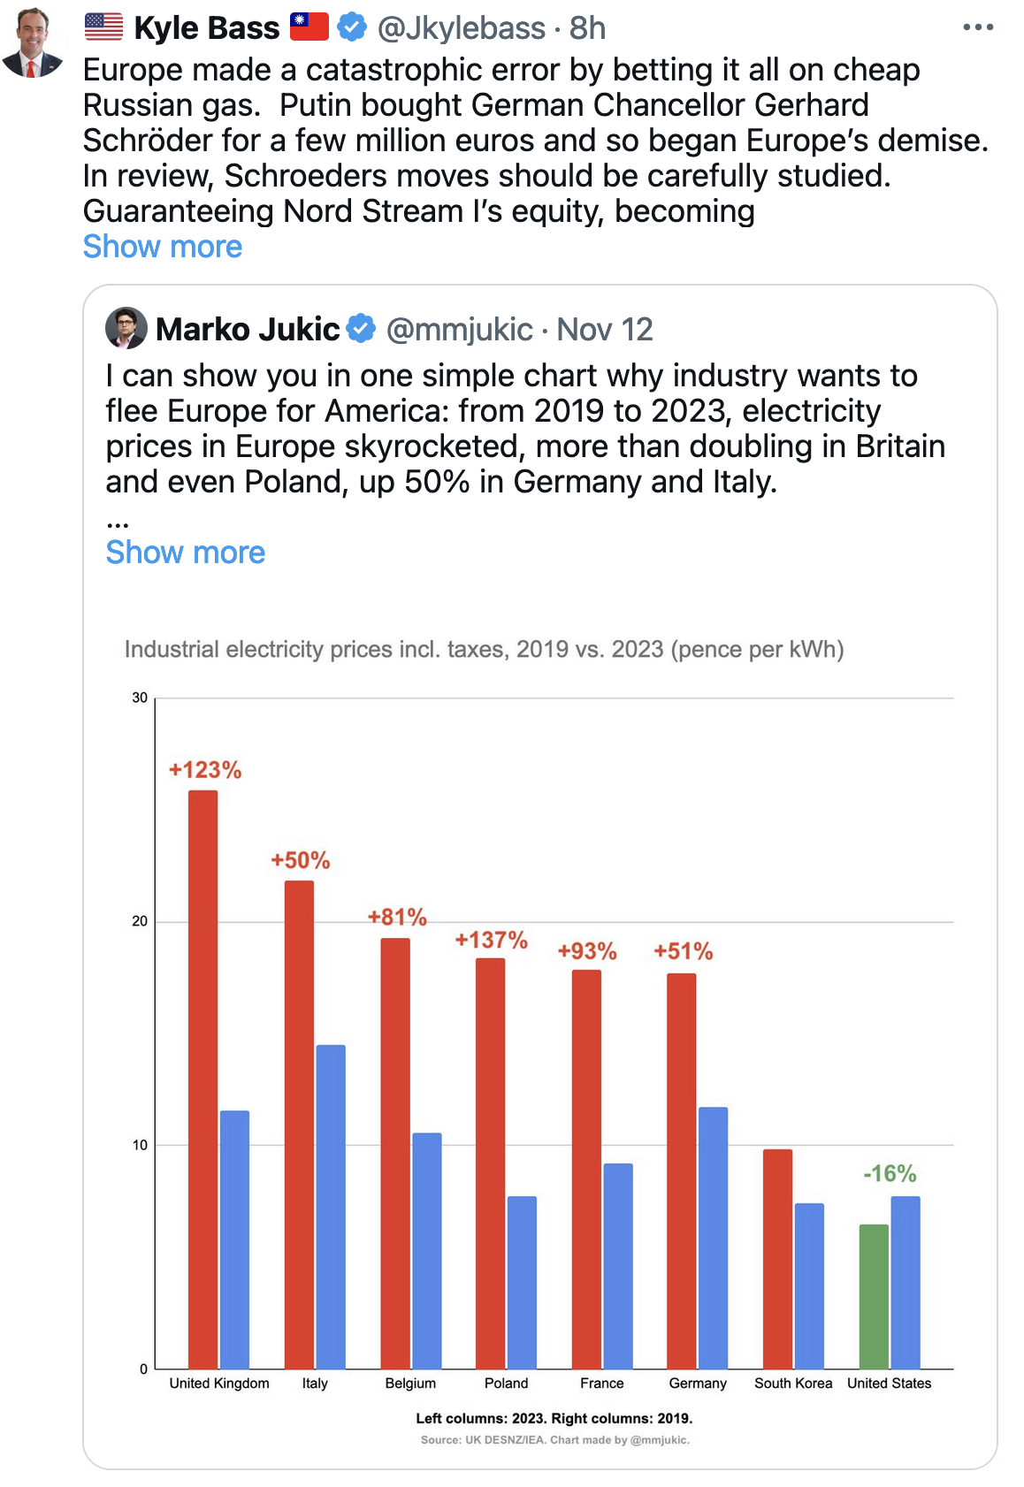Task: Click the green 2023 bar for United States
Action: coord(874,1296)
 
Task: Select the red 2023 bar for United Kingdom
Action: coord(203,1079)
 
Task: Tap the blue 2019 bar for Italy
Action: coord(331,1206)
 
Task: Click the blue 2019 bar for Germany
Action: coord(713,1237)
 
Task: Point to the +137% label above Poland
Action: coord(491,940)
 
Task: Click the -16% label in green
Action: coord(890,1173)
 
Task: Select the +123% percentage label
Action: coord(205,770)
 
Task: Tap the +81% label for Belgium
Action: coord(397,917)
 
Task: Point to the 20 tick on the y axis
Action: coord(140,921)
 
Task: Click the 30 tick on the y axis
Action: coord(140,698)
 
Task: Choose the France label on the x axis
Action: coord(601,1383)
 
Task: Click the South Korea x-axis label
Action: coord(793,1383)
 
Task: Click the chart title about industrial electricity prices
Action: coord(484,649)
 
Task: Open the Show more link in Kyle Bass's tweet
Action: coord(163,247)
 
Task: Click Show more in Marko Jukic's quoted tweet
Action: coord(186,553)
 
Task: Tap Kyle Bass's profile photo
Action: coord(34,42)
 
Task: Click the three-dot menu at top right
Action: coord(978,27)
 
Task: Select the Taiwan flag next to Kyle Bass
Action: coord(309,27)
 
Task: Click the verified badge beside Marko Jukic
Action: coord(361,329)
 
